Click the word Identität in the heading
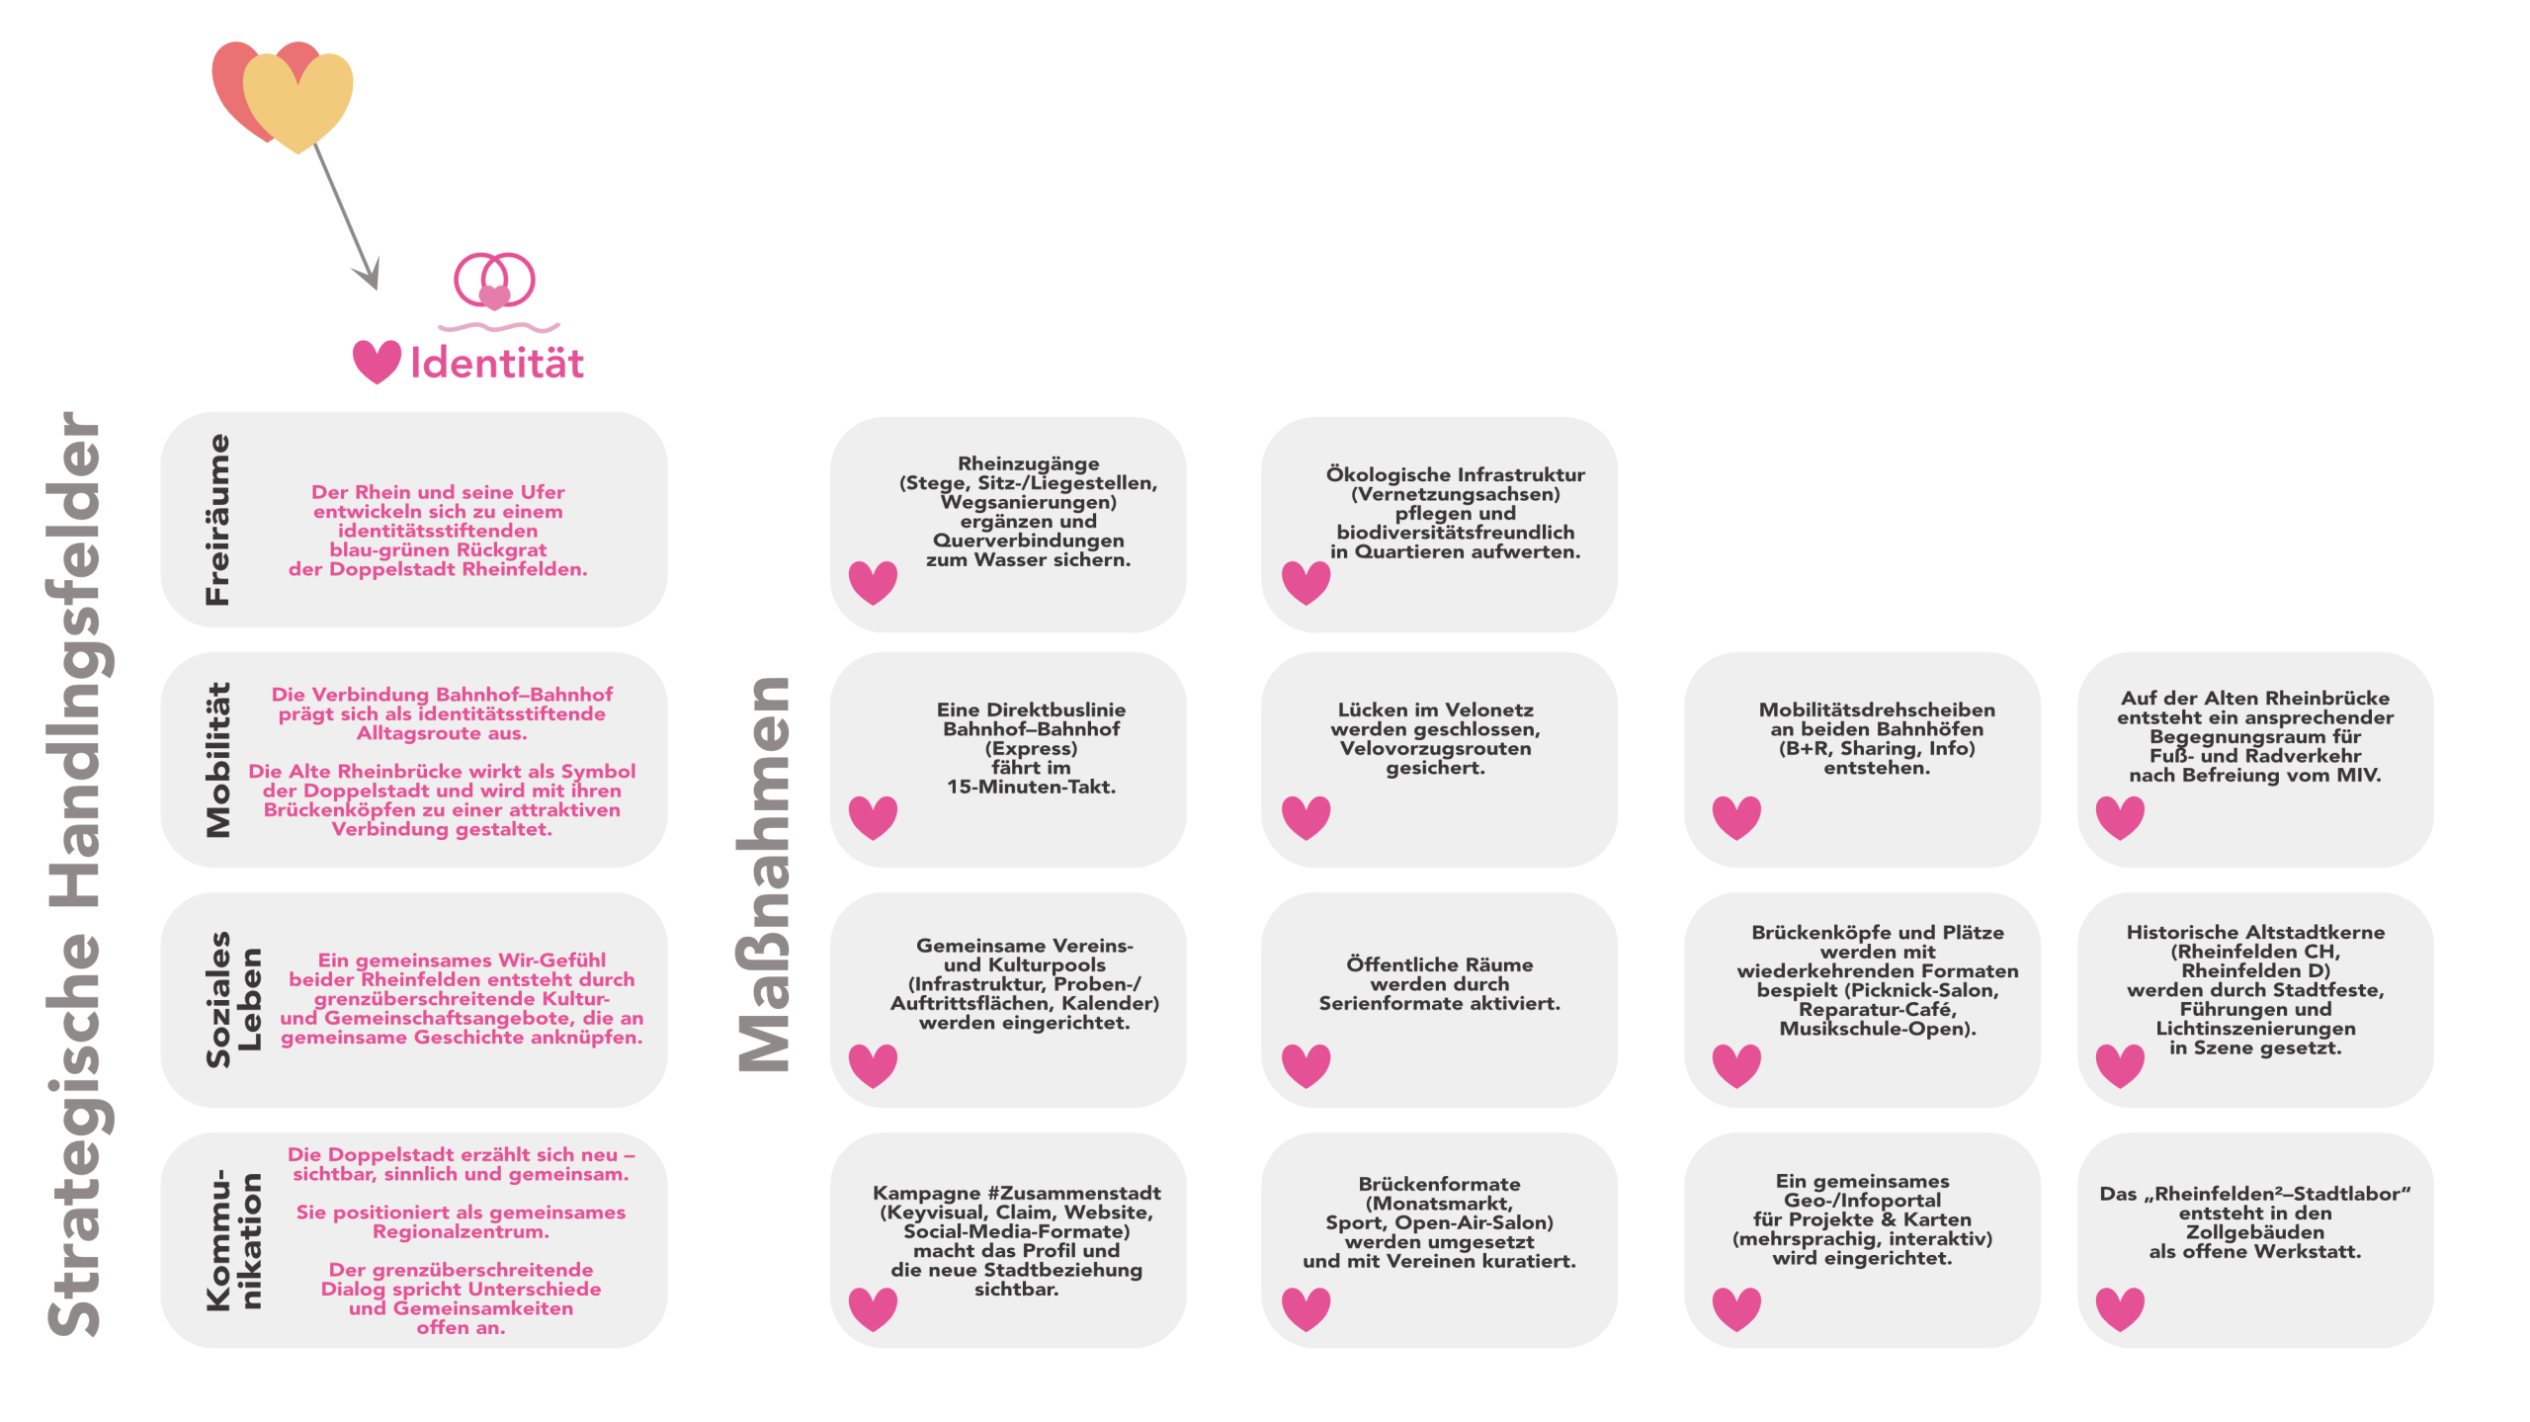(497, 364)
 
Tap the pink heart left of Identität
(377, 361)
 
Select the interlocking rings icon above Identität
(494, 281)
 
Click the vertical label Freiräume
(217, 520)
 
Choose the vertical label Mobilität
(217, 760)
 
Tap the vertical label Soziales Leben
(233, 999)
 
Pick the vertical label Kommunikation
(233, 1241)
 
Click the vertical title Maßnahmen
(765, 876)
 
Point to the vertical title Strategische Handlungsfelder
(75, 876)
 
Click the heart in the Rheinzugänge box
(874, 582)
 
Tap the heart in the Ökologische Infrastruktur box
(1306, 582)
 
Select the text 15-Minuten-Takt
(1031, 788)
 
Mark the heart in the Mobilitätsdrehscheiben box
(1736, 817)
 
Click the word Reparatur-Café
(1877, 1009)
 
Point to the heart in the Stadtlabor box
(2120, 1308)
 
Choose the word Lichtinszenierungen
(2255, 1029)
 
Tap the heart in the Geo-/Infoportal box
(1736, 1308)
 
